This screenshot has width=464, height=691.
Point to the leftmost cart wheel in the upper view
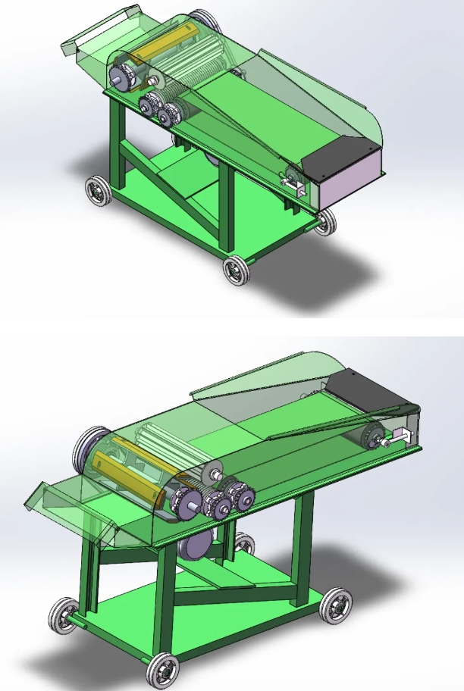pos(96,191)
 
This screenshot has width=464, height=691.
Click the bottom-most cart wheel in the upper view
pos(236,270)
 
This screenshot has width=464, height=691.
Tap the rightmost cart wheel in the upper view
pos(325,221)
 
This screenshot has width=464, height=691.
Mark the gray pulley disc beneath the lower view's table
pos(195,543)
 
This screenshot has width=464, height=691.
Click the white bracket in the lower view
pos(400,437)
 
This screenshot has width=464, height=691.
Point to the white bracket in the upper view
pos(292,182)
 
